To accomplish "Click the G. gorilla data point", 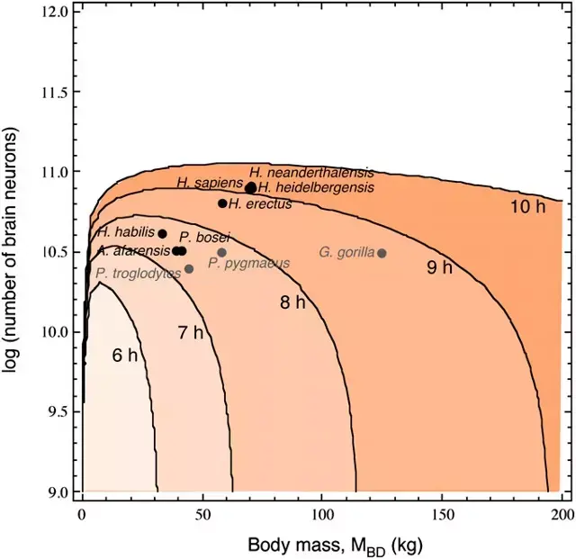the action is point(382,253).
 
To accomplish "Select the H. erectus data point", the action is point(222,203).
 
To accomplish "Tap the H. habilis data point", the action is point(162,234).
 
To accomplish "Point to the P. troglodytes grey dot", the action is point(189,269).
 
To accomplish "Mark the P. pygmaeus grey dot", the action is point(222,252).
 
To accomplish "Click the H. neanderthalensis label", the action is point(311,173).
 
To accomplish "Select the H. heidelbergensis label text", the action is point(316,187).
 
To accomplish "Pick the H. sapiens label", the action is point(210,183).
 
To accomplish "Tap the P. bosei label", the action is point(204,238).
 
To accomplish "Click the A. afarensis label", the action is point(134,251).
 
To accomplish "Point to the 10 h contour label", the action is point(528,207).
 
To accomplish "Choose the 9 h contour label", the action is point(439,267).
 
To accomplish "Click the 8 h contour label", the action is point(292,302).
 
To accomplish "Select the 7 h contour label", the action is point(191,332).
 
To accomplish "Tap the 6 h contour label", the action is point(125,356).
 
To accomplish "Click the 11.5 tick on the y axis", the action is point(53,92).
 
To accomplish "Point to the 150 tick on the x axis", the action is point(441,515).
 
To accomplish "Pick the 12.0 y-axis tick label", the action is point(53,12).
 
